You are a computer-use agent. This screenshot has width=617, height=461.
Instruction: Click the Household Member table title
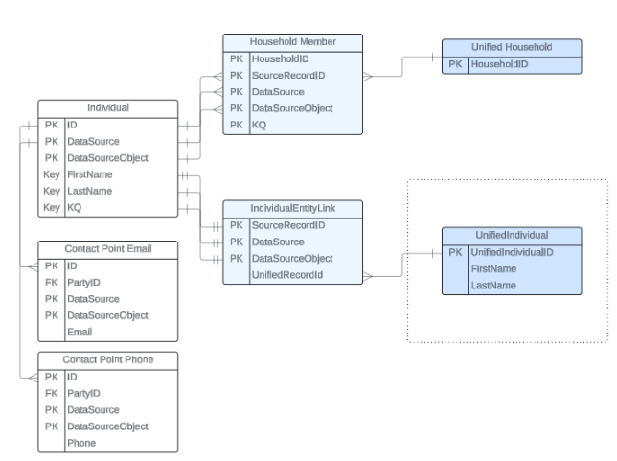292,42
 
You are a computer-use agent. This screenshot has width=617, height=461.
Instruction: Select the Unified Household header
511,47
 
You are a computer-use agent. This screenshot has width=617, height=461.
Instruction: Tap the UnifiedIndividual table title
511,235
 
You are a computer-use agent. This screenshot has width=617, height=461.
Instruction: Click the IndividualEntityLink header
292,208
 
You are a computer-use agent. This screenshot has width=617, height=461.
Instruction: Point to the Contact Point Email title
107,250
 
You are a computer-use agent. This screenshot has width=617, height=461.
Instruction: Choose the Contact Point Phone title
107,359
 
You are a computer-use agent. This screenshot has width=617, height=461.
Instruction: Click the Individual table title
108,108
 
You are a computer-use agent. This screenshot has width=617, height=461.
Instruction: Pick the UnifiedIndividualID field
512,252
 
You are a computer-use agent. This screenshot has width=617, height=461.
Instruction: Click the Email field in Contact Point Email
80,332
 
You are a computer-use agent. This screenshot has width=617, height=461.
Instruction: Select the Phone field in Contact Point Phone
80,444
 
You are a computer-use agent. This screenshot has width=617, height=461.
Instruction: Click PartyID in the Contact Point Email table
83,283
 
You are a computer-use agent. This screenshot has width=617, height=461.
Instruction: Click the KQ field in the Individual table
74,207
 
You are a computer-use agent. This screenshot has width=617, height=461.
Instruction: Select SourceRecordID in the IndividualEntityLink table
288,225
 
